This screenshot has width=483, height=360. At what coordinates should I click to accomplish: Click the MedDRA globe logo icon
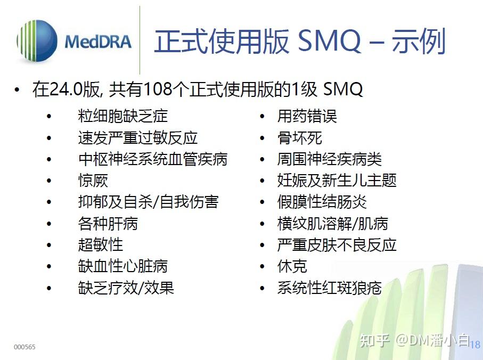point(37,42)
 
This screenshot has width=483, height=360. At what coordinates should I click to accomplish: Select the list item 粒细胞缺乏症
point(122,116)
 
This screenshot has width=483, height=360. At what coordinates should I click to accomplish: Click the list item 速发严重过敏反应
point(137,137)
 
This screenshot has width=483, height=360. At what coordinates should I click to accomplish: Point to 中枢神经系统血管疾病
point(152,159)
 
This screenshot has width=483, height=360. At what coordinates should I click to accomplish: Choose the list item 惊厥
point(93,181)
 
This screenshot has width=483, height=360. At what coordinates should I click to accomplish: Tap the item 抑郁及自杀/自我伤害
point(148,202)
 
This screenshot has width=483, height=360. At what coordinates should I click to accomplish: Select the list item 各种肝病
point(108,224)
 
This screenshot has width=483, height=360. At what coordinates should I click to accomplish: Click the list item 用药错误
point(307,116)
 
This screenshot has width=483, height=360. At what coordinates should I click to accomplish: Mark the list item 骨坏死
point(299,137)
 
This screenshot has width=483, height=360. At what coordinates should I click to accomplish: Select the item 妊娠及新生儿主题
point(337,181)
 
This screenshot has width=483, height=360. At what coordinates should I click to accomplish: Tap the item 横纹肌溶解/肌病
point(332,224)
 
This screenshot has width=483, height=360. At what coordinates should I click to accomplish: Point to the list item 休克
point(292,266)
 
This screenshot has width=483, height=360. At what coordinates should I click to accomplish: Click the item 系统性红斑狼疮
point(329,288)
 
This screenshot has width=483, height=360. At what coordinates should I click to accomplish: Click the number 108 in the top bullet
point(158,89)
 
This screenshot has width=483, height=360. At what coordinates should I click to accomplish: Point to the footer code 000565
point(24,347)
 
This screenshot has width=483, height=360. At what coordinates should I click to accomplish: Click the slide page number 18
point(475,345)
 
